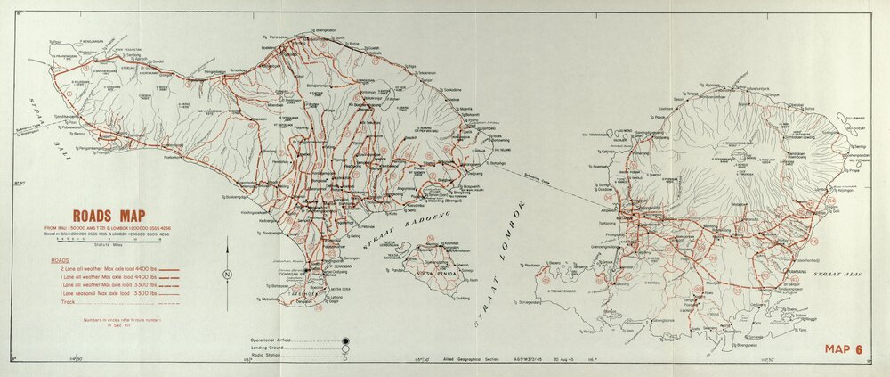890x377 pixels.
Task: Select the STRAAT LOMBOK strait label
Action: coord(498,267)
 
